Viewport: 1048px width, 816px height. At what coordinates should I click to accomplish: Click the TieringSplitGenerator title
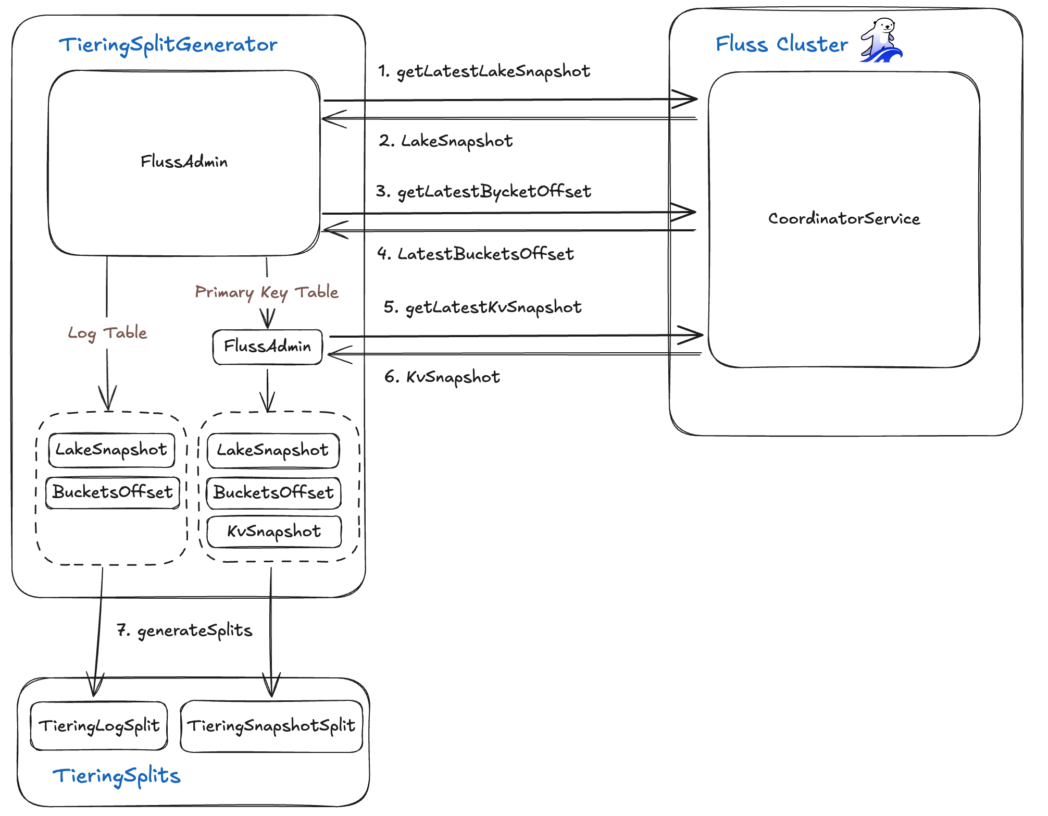click(x=168, y=45)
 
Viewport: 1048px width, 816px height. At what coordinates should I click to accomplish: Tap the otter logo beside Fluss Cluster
click(x=881, y=41)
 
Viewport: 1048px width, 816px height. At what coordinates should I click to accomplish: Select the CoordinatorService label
click(x=844, y=218)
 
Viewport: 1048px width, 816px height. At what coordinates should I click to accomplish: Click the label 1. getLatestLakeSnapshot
click(x=484, y=71)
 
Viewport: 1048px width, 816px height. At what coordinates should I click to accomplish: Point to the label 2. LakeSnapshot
click(x=446, y=141)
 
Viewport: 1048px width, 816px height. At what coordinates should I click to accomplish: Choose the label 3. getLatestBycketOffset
click(x=483, y=192)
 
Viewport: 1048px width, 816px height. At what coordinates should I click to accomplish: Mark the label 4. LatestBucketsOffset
click(x=475, y=254)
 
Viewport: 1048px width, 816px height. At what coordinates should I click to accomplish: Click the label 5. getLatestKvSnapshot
click(x=482, y=307)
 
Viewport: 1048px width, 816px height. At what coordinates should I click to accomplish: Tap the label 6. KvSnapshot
click(x=442, y=377)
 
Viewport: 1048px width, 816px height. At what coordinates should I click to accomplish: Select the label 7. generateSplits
click(x=184, y=630)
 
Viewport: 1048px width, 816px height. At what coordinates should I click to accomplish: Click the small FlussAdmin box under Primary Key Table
click(x=267, y=347)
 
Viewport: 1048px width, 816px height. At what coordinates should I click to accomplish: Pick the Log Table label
click(x=107, y=333)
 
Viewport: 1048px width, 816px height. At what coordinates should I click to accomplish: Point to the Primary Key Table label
click(x=267, y=292)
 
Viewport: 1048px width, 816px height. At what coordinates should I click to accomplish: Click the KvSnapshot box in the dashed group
click(x=274, y=531)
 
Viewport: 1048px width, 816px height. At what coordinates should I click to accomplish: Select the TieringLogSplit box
click(x=99, y=726)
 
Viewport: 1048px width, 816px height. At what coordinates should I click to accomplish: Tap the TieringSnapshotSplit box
click(x=271, y=726)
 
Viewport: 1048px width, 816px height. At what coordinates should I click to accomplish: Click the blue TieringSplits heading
click(x=117, y=776)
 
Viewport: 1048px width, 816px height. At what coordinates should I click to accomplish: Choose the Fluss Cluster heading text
click(x=781, y=44)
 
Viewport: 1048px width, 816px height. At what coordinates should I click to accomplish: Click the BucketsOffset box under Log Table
click(x=113, y=492)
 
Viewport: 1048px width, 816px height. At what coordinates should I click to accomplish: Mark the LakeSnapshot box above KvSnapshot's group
click(x=273, y=450)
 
